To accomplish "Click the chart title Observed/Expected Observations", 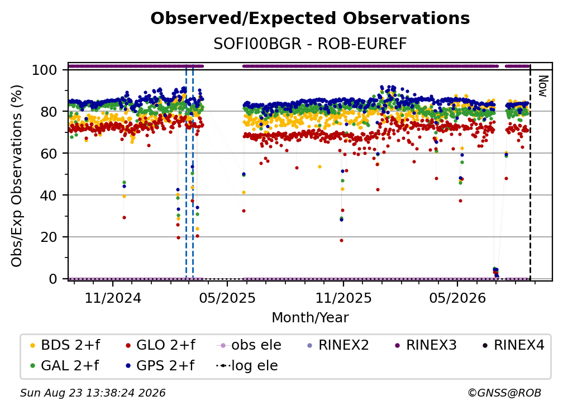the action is coord(310,18).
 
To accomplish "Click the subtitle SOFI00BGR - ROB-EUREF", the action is coord(310,44).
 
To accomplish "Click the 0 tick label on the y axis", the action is coord(53,279).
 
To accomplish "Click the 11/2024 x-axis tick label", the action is coord(113,298).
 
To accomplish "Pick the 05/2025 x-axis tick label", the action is coord(227,298).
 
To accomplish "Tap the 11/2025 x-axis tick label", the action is coord(343,298).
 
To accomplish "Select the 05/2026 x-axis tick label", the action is coord(457,298).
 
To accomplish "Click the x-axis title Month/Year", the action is coord(310,318).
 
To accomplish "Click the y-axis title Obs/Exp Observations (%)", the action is coord(17,175).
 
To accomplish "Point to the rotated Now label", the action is coord(542,86).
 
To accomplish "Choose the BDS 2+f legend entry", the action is coord(65,345).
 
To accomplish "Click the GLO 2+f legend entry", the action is coord(160,345).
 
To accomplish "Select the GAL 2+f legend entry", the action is coord(64,366).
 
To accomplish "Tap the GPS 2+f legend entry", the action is coord(160,366).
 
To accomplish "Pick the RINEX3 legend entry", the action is coord(426,345).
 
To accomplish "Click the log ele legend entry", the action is coord(247,366).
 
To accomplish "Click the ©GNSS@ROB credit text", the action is coord(504,393).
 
